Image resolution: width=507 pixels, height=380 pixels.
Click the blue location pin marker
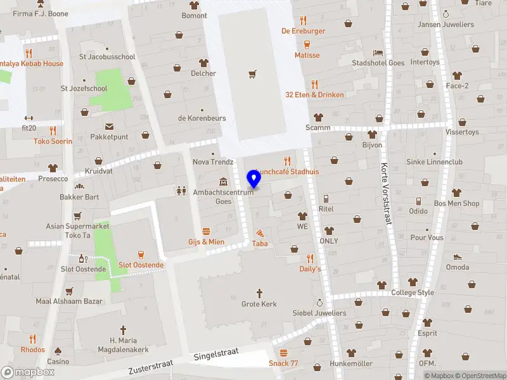(x=255, y=178)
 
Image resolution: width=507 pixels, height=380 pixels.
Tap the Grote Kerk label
(x=259, y=304)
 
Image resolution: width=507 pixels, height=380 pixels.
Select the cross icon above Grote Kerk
(x=259, y=293)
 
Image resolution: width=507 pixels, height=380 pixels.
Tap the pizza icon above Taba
(x=260, y=233)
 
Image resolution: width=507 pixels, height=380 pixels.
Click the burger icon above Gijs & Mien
(x=206, y=231)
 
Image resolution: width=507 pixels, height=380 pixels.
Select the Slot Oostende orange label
(x=141, y=265)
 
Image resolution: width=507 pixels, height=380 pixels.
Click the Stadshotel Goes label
(x=378, y=63)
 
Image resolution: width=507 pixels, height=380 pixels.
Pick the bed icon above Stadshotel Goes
(x=378, y=52)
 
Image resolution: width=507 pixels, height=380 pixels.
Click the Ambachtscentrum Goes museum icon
(x=223, y=182)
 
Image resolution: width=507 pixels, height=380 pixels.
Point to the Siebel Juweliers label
(x=319, y=313)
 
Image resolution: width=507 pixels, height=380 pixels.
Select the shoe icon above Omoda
(x=458, y=256)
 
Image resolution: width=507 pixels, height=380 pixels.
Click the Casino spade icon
(x=58, y=350)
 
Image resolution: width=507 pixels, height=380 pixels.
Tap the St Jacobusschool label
(x=107, y=56)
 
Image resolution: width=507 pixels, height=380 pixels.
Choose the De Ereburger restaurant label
(x=304, y=30)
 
